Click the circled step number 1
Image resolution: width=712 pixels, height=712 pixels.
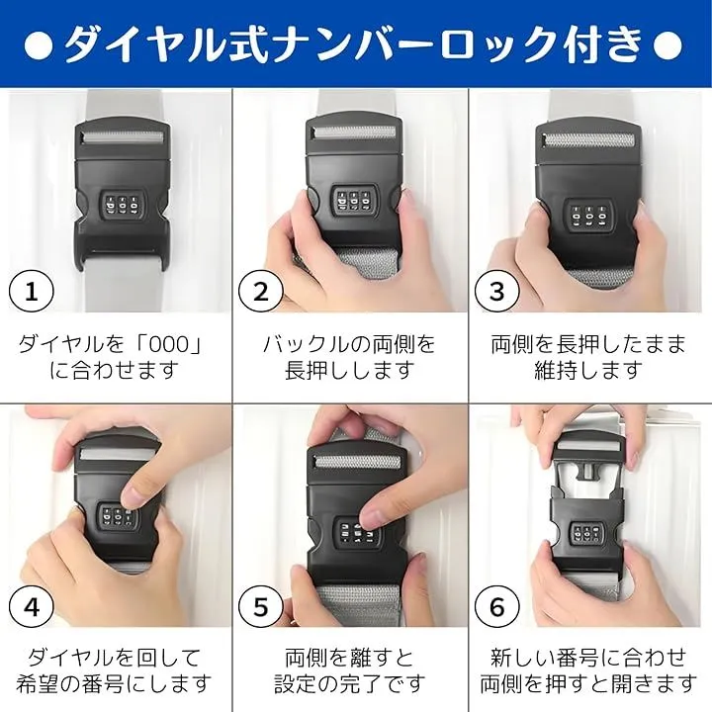(x=32, y=291)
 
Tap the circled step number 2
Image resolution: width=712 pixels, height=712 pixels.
(x=261, y=291)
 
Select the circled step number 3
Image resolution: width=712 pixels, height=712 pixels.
(x=497, y=291)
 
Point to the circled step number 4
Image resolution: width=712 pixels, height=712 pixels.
(x=32, y=606)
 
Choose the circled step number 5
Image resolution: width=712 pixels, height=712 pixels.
(x=261, y=606)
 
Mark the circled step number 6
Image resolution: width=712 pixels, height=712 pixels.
(x=497, y=606)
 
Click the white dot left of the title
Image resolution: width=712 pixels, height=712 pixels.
(x=39, y=45)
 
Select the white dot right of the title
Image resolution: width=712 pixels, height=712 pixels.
(x=667, y=45)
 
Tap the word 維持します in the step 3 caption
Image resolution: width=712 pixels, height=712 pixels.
(x=588, y=370)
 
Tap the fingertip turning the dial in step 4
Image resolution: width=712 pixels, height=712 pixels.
(x=133, y=497)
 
